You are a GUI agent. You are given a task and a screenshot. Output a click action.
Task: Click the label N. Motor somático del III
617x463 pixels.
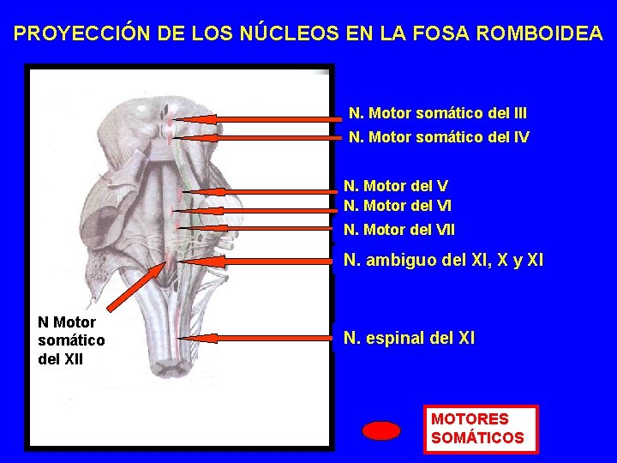[x=437, y=112]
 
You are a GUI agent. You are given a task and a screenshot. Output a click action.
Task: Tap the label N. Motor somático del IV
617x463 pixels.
[x=439, y=137]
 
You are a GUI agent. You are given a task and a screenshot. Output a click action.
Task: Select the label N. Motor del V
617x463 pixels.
[x=396, y=185]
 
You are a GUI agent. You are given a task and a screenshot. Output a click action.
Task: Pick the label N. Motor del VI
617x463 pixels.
[x=398, y=206]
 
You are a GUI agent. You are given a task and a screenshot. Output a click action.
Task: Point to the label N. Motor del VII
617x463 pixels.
[x=399, y=230]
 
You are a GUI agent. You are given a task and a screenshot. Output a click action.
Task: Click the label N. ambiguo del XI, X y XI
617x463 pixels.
[x=443, y=260]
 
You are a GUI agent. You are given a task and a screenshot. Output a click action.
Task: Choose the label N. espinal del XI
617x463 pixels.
[x=409, y=339]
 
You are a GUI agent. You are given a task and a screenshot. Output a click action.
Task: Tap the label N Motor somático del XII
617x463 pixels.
[x=72, y=340]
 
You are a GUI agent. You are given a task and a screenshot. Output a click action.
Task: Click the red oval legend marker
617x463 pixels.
[x=381, y=430]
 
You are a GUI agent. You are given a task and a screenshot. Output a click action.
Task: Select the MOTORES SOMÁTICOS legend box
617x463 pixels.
[x=480, y=429]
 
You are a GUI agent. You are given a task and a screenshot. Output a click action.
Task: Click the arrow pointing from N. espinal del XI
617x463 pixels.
[x=257, y=339]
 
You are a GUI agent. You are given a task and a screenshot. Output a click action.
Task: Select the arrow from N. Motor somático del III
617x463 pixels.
[x=257, y=118]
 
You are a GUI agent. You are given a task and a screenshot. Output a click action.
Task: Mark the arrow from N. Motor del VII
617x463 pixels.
[x=257, y=228]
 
